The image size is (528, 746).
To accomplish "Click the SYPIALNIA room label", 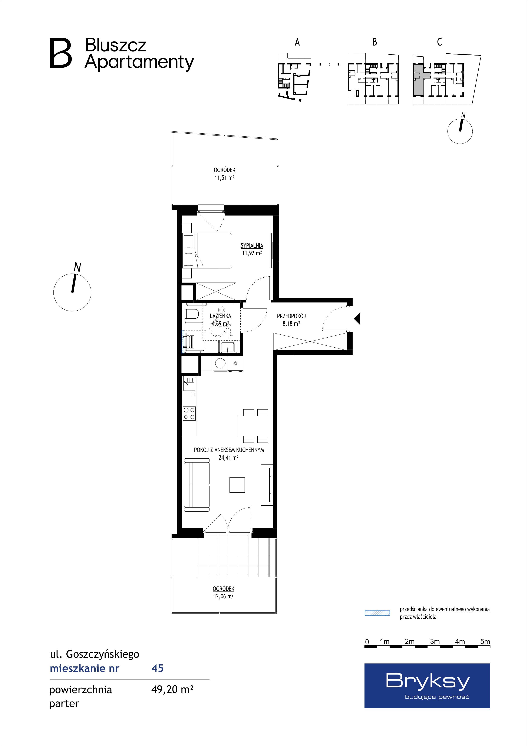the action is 252,246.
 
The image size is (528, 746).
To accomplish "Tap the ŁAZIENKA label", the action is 220,316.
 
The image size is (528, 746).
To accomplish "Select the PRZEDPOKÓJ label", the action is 291,316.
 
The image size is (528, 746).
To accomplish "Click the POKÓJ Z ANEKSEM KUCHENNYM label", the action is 229,450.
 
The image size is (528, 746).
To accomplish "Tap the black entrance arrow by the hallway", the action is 357,319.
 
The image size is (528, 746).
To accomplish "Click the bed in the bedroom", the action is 207,251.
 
